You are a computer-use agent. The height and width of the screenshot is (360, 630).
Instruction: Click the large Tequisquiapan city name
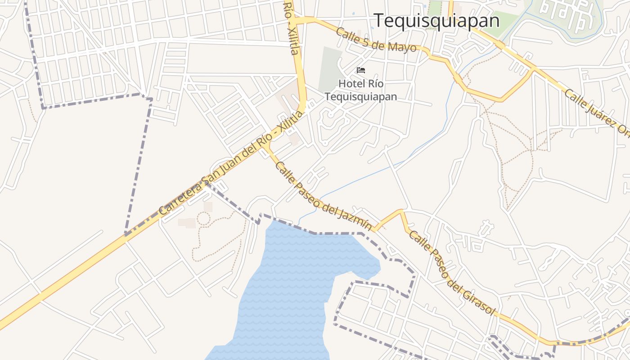[x=436, y=21]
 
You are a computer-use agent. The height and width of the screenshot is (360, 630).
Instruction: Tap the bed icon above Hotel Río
[x=361, y=70]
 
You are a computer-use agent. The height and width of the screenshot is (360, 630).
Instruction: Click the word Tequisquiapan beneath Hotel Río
[x=361, y=97]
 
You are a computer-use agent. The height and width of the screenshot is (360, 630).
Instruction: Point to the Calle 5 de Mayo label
[x=376, y=40]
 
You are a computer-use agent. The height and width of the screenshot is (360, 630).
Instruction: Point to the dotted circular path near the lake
[x=203, y=219]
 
